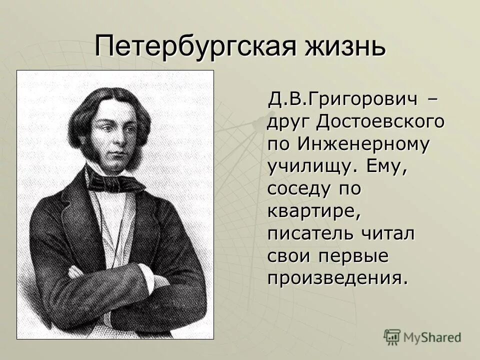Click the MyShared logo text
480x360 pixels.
click(x=432, y=337)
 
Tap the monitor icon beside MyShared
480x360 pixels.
click(x=392, y=336)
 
